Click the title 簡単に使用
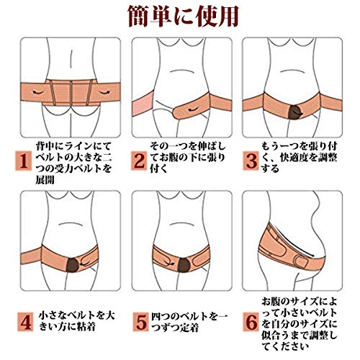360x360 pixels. (x=184, y=16)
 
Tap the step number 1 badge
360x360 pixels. (x=24, y=161)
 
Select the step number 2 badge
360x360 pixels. (x=139, y=161)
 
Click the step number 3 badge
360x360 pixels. (x=251, y=161)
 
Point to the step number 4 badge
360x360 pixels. (x=25, y=322)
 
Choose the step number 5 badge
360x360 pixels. (x=141, y=322)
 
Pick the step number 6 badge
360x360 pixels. (x=251, y=322)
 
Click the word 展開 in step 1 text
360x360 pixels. (x=45, y=179)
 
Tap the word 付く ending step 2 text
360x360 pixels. (x=158, y=168)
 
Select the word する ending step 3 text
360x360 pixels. (x=270, y=168)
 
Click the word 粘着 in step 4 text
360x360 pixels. (x=86, y=326)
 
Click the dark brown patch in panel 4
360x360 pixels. (x=73, y=265)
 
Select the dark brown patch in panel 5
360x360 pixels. (x=184, y=265)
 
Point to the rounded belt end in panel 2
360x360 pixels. (x=176, y=112)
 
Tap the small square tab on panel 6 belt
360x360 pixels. (x=302, y=263)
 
